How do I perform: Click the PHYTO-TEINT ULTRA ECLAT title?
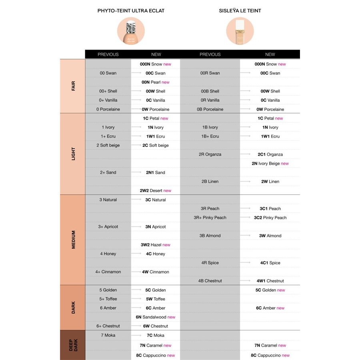point(131,11)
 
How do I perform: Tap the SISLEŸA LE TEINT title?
point(240,11)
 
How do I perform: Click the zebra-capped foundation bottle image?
point(131,31)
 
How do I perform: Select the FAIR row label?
point(73,86)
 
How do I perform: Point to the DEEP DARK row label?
point(73,345)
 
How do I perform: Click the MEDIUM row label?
point(73,240)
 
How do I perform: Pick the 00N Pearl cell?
point(155,82)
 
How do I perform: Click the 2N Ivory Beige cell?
point(270,164)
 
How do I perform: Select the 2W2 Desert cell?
point(155,191)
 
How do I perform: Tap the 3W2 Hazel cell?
point(155,245)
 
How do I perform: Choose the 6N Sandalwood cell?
point(155,317)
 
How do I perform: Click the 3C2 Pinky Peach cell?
point(270,218)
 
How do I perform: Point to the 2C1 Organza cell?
point(270,154)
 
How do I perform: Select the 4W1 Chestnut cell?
point(270,281)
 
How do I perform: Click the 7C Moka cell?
point(155,335)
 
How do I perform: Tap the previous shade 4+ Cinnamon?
point(108,272)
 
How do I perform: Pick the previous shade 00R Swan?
point(210,73)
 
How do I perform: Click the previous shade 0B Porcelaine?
point(210,109)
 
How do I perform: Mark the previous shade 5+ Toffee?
point(108,299)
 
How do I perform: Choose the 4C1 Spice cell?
point(270,263)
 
